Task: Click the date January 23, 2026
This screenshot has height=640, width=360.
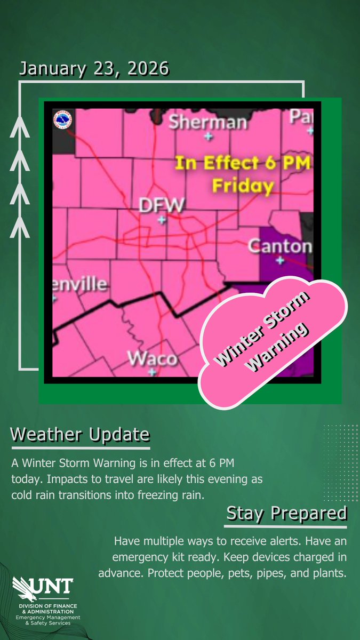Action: point(94,69)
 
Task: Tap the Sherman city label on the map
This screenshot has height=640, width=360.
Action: point(208,122)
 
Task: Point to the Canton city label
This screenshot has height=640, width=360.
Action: point(280,246)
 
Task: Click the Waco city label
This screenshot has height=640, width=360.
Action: point(152,358)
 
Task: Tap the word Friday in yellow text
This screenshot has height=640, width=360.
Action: point(243,186)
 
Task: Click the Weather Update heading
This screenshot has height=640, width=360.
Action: point(80,435)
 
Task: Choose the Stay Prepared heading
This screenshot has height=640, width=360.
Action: point(287,514)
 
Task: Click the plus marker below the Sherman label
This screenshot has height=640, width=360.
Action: point(208,137)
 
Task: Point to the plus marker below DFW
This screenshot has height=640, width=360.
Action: point(162,219)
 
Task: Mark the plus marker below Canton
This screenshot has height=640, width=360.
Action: point(281,260)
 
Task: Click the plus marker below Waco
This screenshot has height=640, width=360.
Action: point(152,372)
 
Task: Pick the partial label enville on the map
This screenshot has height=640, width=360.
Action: point(79,284)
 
